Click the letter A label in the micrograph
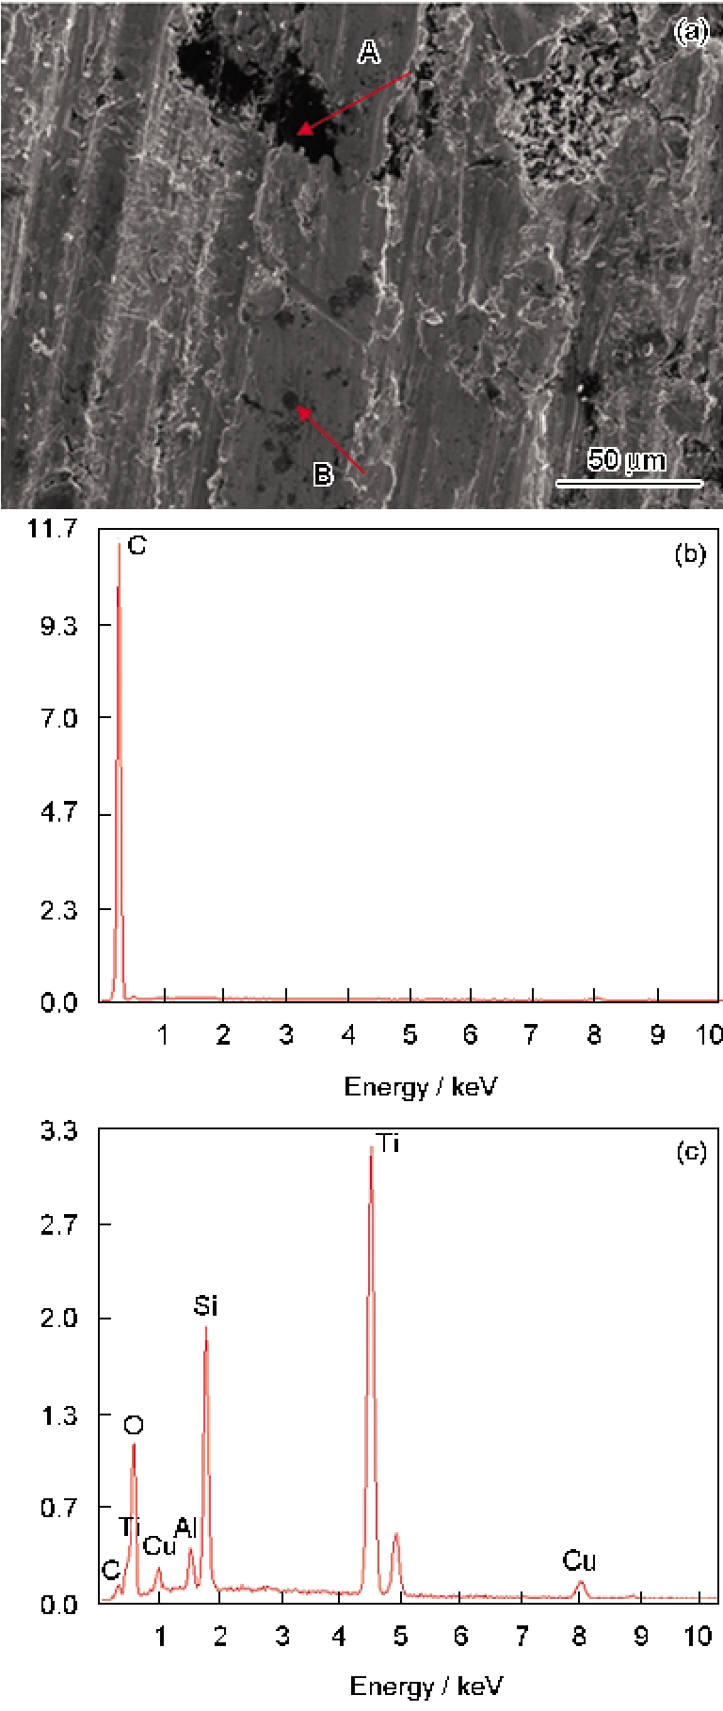point(369,52)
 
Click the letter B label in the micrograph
point(323,474)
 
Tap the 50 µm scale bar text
point(626,460)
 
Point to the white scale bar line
point(629,483)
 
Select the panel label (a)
point(691,32)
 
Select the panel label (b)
point(690,553)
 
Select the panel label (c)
point(691,1152)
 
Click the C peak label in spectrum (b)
point(137,546)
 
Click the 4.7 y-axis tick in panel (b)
point(58,812)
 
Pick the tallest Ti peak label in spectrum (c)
point(388,1143)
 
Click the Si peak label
point(205,1305)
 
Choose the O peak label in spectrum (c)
point(133,1425)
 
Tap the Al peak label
point(185,1527)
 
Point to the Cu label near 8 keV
point(579,1561)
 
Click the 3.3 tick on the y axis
point(58,1130)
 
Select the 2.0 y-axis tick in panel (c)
point(58,1318)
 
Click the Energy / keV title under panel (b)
point(420,1088)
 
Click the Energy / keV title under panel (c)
point(426,1686)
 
